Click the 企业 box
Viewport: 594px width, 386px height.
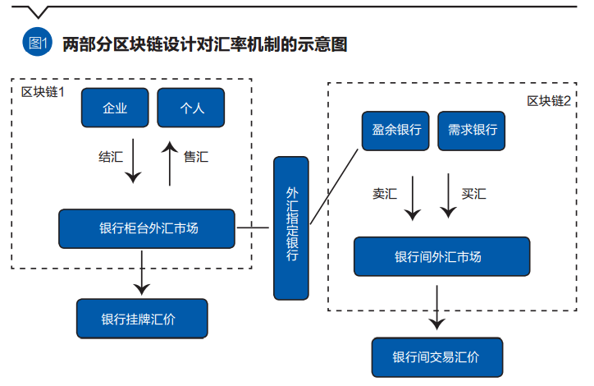point(115,108)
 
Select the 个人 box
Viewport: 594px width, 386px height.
point(191,108)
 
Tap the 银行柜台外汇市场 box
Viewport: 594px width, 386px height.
point(148,228)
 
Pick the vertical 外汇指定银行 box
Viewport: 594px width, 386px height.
point(292,227)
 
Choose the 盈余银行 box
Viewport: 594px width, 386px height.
point(396,130)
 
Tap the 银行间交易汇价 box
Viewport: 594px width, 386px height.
point(436,357)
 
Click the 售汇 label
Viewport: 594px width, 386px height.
point(196,156)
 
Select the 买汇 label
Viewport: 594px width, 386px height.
point(473,195)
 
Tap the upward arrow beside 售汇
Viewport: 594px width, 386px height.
point(168,162)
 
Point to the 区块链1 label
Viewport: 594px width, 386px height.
point(43,90)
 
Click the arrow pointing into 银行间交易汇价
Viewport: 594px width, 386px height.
point(437,306)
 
